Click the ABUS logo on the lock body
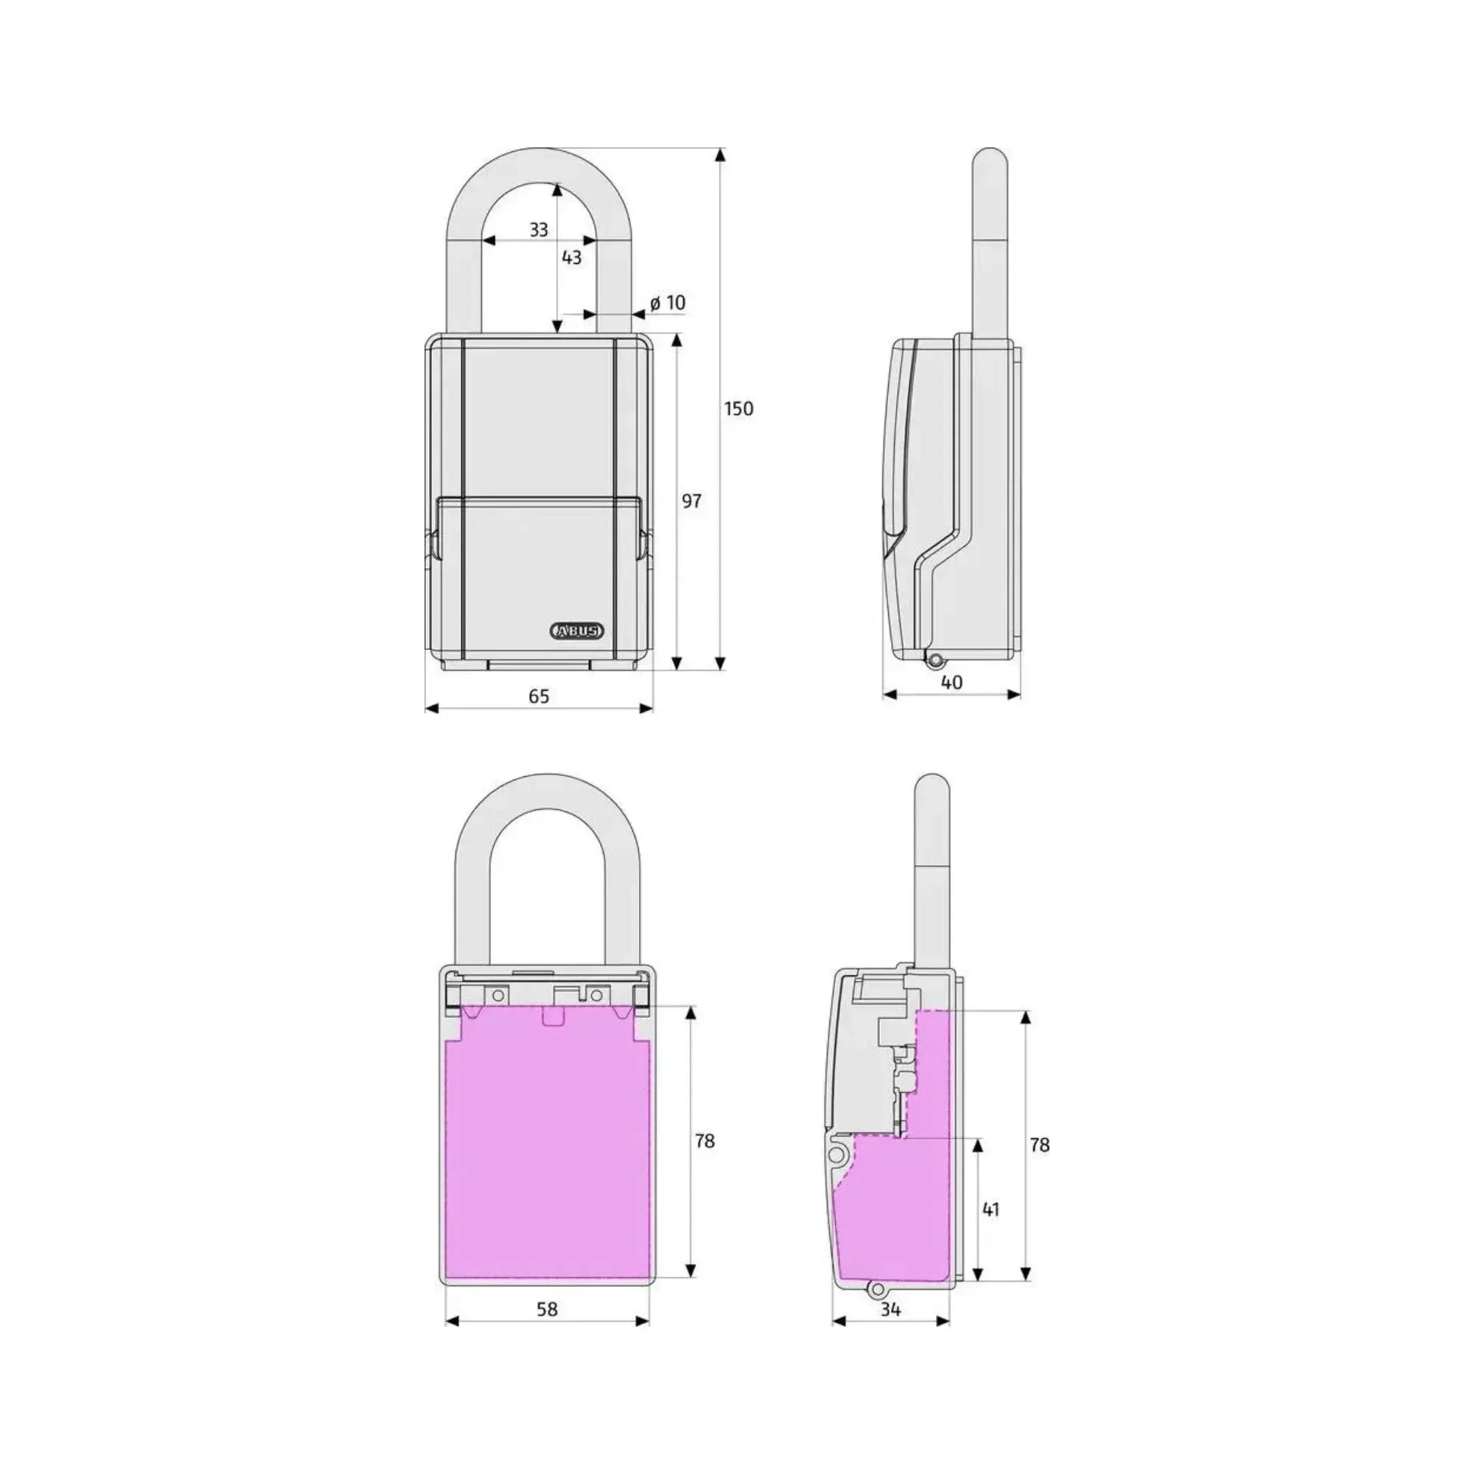577,631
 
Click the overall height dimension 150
738,409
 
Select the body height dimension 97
691,501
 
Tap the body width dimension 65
539,696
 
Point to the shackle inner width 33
539,230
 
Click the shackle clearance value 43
571,257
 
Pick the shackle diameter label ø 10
668,303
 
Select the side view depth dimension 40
951,682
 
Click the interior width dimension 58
547,1309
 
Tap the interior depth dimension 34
890,1309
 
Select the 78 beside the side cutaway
1039,1145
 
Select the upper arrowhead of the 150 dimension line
720,156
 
